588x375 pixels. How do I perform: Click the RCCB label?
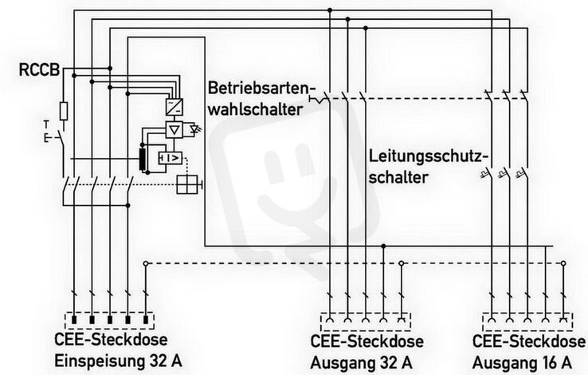pos(39,70)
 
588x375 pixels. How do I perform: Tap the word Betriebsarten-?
pos(260,89)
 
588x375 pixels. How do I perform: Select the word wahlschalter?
pos(256,109)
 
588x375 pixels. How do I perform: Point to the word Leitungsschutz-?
pos(429,156)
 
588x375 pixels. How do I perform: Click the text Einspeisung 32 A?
pos(118,361)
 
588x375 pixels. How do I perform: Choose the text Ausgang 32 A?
pos(362,363)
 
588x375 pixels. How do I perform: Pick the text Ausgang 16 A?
pos(523,363)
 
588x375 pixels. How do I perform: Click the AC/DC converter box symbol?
pos(174,107)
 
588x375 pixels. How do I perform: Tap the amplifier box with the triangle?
pos(174,130)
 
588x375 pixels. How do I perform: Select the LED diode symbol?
pos(195,129)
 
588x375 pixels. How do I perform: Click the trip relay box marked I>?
pos(171,159)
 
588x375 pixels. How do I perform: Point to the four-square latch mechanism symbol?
pos(187,184)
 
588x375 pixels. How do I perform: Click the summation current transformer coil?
pos(143,160)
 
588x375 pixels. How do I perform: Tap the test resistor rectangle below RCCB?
pos(64,111)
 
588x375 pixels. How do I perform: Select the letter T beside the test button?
pos(46,124)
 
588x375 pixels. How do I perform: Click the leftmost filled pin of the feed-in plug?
pos(74,320)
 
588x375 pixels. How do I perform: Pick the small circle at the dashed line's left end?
pos(146,263)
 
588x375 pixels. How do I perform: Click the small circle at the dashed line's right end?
pos(563,263)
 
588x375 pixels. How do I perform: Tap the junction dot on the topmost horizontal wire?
pos(330,10)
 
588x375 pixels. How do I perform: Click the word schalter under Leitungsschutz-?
pos(398,178)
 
